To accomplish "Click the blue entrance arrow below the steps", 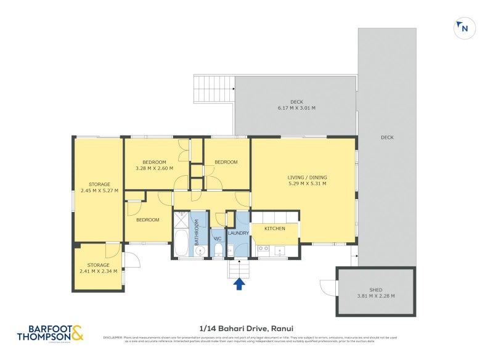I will [x=239, y=284].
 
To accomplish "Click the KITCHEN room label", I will [x=275, y=229].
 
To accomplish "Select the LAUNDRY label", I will [x=238, y=233].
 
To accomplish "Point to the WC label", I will [x=218, y=239].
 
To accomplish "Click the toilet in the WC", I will [x=218, y=250].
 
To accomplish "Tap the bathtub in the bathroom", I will [x=181, y=243].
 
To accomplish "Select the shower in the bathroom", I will [x=181, y=219].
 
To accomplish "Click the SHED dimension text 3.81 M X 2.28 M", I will [x=375, y=296].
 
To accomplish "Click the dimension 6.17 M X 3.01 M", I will [x=296, y=108].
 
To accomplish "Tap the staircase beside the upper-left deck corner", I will [x=214, y=89].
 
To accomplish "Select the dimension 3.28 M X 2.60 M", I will [x=154, y=168].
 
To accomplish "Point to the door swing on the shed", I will [x=327, y=287].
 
